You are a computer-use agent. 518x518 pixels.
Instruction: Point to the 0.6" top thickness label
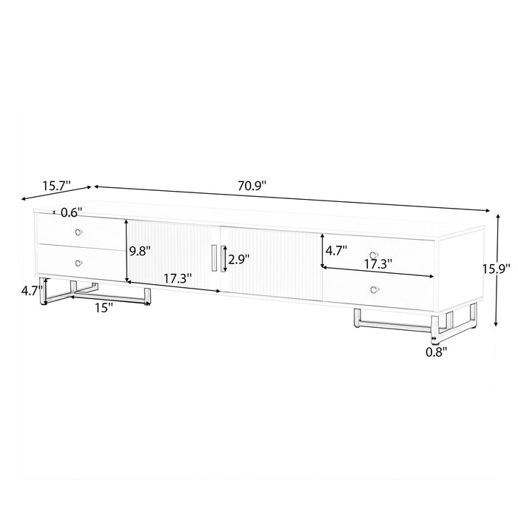(x=71, y=212)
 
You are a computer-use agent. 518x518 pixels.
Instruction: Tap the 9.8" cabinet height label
(x=141, y=250)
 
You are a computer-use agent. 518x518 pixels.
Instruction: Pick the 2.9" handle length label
(x=239, y=259)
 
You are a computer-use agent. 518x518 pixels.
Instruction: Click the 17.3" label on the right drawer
(x=378, y=263)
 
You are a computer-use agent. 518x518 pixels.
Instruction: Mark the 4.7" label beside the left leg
(x=31, y=291)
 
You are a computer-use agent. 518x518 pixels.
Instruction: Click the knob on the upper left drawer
(x=78, y=232)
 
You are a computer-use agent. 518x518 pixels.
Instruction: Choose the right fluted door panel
(x=274, y=259)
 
